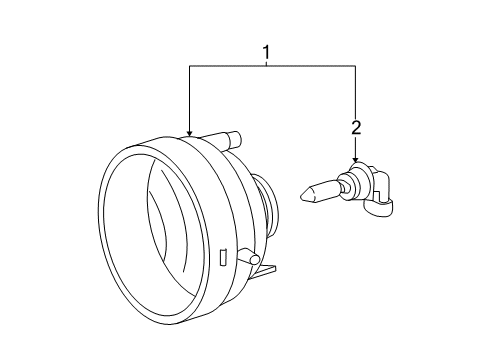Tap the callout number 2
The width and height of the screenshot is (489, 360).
(355, 127)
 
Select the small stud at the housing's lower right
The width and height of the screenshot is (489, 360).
(257, 261)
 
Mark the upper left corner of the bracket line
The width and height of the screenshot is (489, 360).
(189, 66)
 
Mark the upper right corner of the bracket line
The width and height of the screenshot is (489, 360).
(355, 66)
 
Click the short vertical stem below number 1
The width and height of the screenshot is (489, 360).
(266, 61)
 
